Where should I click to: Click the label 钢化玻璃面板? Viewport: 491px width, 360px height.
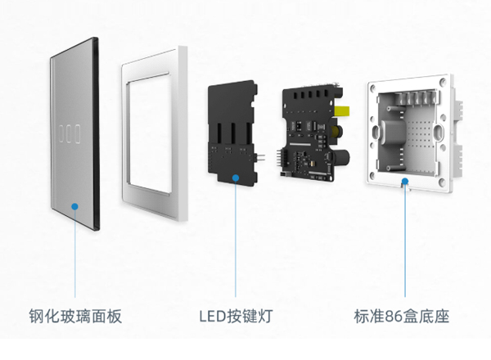(74, 317)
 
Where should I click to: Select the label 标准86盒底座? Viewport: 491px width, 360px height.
(402, 317)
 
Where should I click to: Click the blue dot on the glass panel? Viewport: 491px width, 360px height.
(74, 205)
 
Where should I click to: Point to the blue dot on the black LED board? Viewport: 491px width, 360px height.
(236, 176)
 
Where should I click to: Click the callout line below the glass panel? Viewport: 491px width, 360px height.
(74, 254)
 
